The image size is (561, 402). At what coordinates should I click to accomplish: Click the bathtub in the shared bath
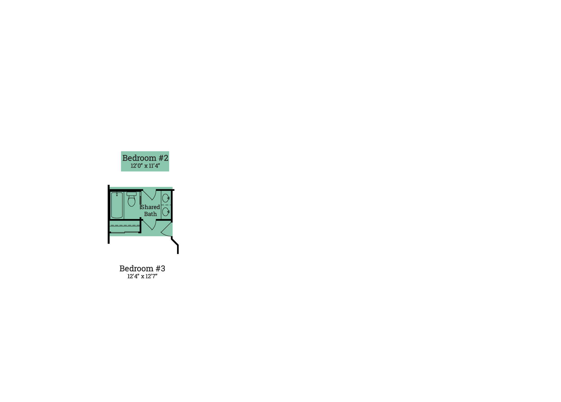[117, 205]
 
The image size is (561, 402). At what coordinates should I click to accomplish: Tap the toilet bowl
[132, 201]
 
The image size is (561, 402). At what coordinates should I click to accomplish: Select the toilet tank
[132, 194]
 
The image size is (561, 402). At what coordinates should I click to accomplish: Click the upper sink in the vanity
[166, 198]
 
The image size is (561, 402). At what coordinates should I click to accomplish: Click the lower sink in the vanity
[166, 212]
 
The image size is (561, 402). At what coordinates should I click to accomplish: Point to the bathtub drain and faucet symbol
[117, 194]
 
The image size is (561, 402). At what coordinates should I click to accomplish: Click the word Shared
[150, 207]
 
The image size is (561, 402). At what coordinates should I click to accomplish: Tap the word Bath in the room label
[150, 214]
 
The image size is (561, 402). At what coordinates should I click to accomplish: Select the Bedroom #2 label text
[145, 158]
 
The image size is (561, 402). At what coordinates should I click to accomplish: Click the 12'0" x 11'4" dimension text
[145, 166]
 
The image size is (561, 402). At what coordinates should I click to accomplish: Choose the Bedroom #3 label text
[142, 268]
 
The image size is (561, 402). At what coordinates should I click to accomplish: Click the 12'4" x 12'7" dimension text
[142, 276]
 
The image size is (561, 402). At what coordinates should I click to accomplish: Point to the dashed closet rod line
[125, 225]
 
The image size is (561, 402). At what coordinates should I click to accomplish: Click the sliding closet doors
[124, 232]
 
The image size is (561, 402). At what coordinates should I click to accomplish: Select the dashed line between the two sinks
[166, 205]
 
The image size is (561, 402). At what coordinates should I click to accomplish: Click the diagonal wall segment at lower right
[175, 242]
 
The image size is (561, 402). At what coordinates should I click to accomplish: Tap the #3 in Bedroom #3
[160, 268]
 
